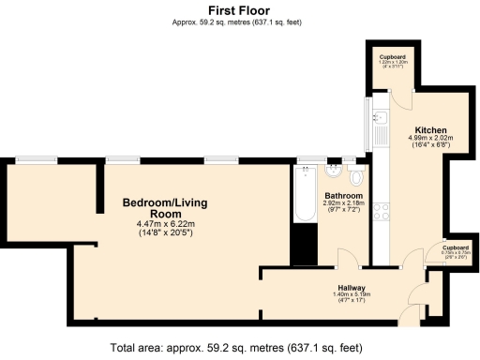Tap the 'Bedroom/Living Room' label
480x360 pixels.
tap(164, 207)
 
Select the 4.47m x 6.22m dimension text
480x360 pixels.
tap(164, 228)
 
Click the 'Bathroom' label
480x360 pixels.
tap(343, 195)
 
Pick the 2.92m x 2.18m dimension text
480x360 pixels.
tap(343, 206)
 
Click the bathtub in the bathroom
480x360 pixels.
tap(306, 194)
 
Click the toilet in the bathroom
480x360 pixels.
tap(355, 175)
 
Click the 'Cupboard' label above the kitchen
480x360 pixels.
tap(392, 57)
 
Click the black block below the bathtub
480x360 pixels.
tap(305, 245)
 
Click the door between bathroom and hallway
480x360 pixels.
tap(343, 257)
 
